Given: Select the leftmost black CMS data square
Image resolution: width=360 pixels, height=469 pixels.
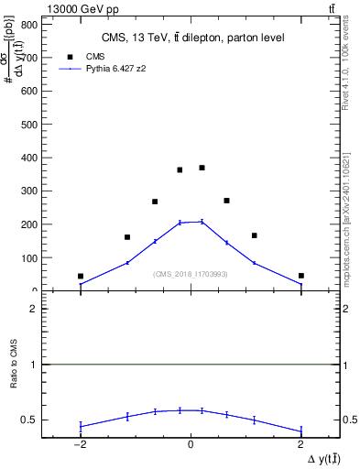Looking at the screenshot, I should (x=81, y=276).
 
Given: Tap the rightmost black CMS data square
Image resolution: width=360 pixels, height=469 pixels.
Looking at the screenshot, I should (x=300, y=276).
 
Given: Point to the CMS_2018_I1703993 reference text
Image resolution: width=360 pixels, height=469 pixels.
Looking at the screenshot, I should (x=191, y=274).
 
